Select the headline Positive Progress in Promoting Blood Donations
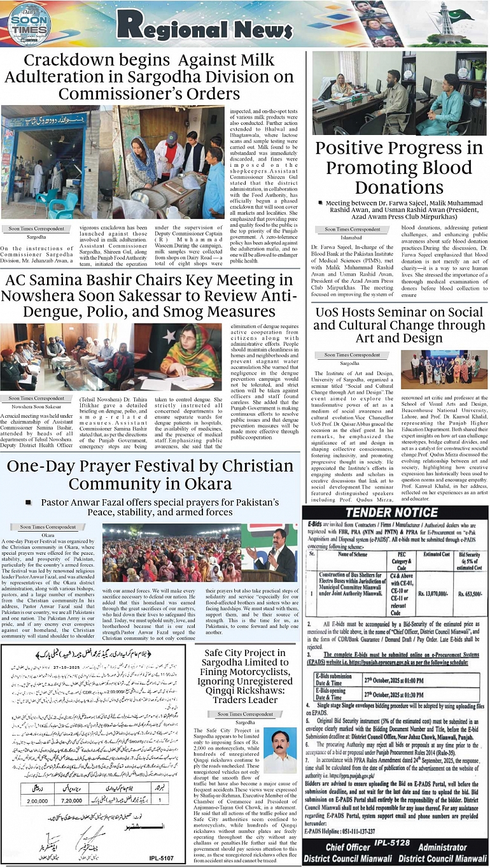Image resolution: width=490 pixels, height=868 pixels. point(399,167)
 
